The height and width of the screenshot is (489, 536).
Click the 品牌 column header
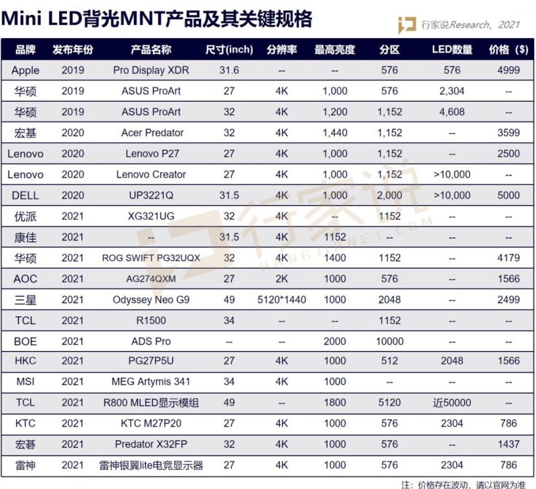pos(25,50)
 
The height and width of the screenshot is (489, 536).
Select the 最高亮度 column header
pos(334,50)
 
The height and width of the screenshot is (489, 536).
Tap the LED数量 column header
pos(452,50)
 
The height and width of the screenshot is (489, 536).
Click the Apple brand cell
pos(25,70)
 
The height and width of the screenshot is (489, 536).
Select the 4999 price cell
pos(509,70)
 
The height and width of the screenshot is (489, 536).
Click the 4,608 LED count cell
pos(452,112)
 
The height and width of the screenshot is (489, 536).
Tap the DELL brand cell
pos(25,195)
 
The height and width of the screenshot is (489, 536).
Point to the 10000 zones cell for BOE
pos(389,341)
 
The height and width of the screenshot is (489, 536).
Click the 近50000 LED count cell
pos(452,403)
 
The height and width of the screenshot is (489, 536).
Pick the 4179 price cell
pos(509,258)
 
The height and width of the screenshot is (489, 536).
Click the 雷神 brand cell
pos(25,466)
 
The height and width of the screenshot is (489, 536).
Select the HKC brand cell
pos(25,361)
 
